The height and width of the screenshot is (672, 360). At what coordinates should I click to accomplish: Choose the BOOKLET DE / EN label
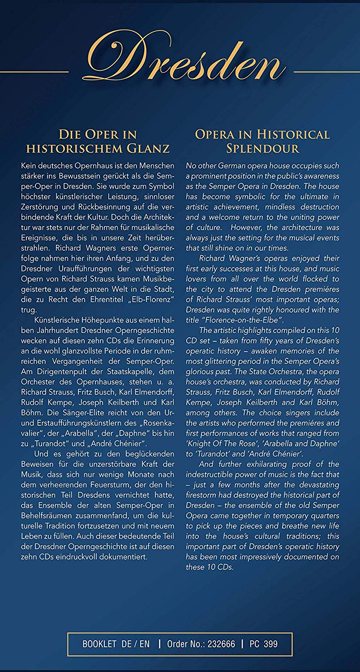(116, 644)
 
